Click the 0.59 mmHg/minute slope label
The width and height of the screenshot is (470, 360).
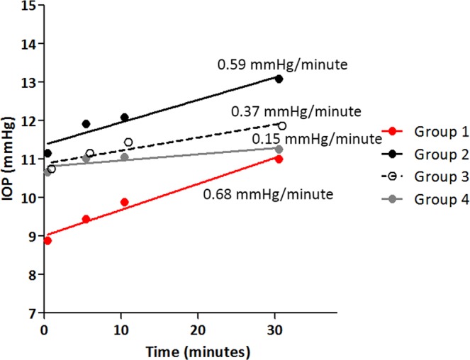tap(281, 65)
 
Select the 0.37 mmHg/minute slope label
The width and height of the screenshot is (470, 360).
tap(296, 111)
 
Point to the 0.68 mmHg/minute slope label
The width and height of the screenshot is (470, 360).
tap(268, 193)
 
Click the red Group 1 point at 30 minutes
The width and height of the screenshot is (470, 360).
tap(279, 159)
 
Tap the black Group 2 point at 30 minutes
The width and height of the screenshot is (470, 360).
tap(279, 79)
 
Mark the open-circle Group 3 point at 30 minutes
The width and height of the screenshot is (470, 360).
tap(281, 125)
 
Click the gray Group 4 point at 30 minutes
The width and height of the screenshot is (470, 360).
tap(279, 149)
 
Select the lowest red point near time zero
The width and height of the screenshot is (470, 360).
tap(47, 241)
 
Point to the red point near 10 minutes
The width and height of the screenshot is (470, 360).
tap(124, 202)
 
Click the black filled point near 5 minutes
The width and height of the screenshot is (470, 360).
tap(86, 123)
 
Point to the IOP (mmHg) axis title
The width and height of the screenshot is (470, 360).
tap(9, 159)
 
